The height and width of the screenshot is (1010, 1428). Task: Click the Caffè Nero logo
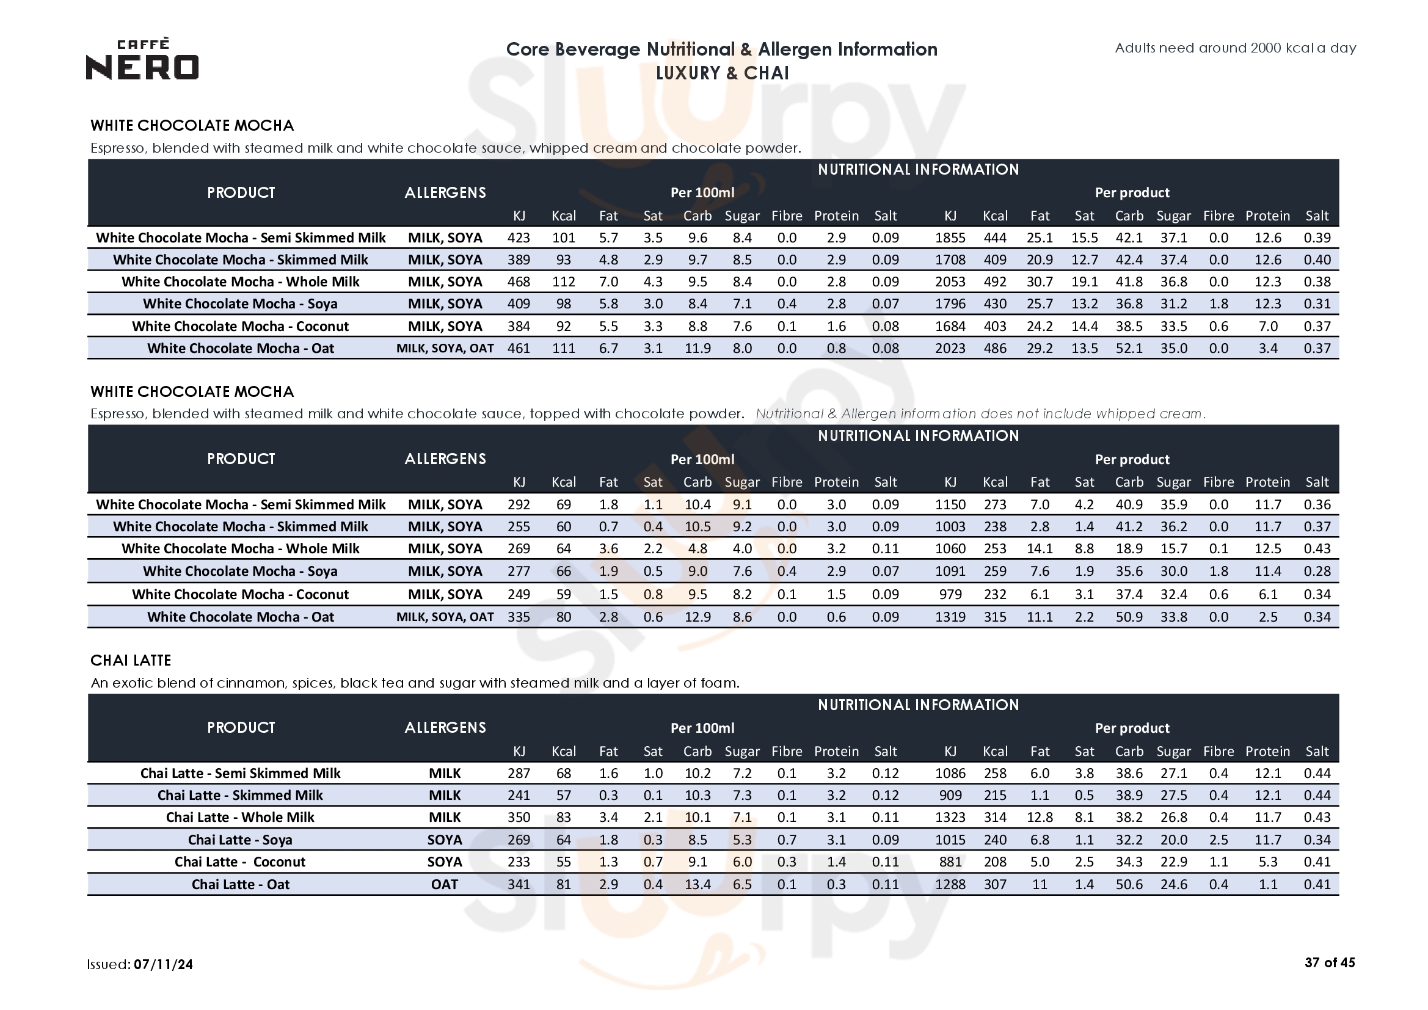click(x=142, y=60)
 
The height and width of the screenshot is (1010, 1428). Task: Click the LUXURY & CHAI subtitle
click(x=722, y=73)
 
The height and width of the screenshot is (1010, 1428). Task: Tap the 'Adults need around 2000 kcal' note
click(x=1234, y=48)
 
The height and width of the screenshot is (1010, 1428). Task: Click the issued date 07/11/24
click(x=163, y=964)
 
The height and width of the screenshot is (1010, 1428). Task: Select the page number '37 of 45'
click(x=1329, y=962)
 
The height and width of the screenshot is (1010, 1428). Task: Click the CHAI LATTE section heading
click(x=131, y=660)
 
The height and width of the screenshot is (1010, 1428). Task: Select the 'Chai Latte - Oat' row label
click(x=240, y=884)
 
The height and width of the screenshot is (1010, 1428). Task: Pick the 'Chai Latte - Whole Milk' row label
click(x=240, y=816)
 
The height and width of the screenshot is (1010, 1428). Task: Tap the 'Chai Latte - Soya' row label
click(x=240, y=840)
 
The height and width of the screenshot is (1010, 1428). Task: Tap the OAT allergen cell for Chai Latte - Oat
click(x=444, y=884)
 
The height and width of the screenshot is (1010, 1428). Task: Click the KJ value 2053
click(x=950, y=282)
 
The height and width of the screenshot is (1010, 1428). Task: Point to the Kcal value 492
click(x=994, y=282)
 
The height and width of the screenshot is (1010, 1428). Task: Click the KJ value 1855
click(x=950, y=238)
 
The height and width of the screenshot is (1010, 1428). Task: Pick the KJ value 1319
click(x=950, y=616)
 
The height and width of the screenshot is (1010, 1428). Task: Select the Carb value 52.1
click(x=1128, y=347)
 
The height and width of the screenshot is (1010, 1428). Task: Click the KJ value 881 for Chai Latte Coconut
click(x=950, y=862)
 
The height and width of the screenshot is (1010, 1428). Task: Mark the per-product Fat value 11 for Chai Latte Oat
click(x=1040, y=884)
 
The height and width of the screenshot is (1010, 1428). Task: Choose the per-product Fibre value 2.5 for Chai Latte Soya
click(x=1218, y=840)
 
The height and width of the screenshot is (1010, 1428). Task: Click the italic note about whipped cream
click(x=980, y=413)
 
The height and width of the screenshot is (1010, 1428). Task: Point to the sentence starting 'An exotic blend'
click(x=415, y=683)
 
